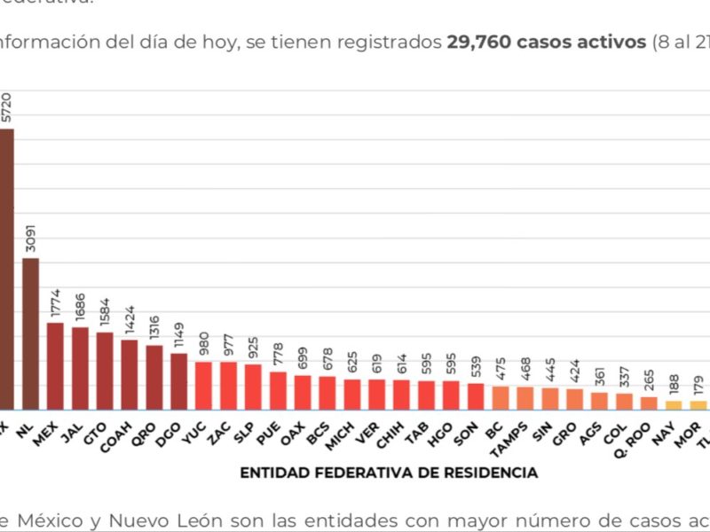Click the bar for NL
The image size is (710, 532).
click(31, 333)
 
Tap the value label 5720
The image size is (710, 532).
click(6, 109)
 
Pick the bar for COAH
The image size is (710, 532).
click(130, 373)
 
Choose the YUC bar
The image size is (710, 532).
click(204, 385)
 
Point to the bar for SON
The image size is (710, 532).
click(476, 395)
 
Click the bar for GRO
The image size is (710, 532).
click(574, 398)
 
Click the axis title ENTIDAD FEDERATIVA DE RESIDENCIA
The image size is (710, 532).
click(389, 473)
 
